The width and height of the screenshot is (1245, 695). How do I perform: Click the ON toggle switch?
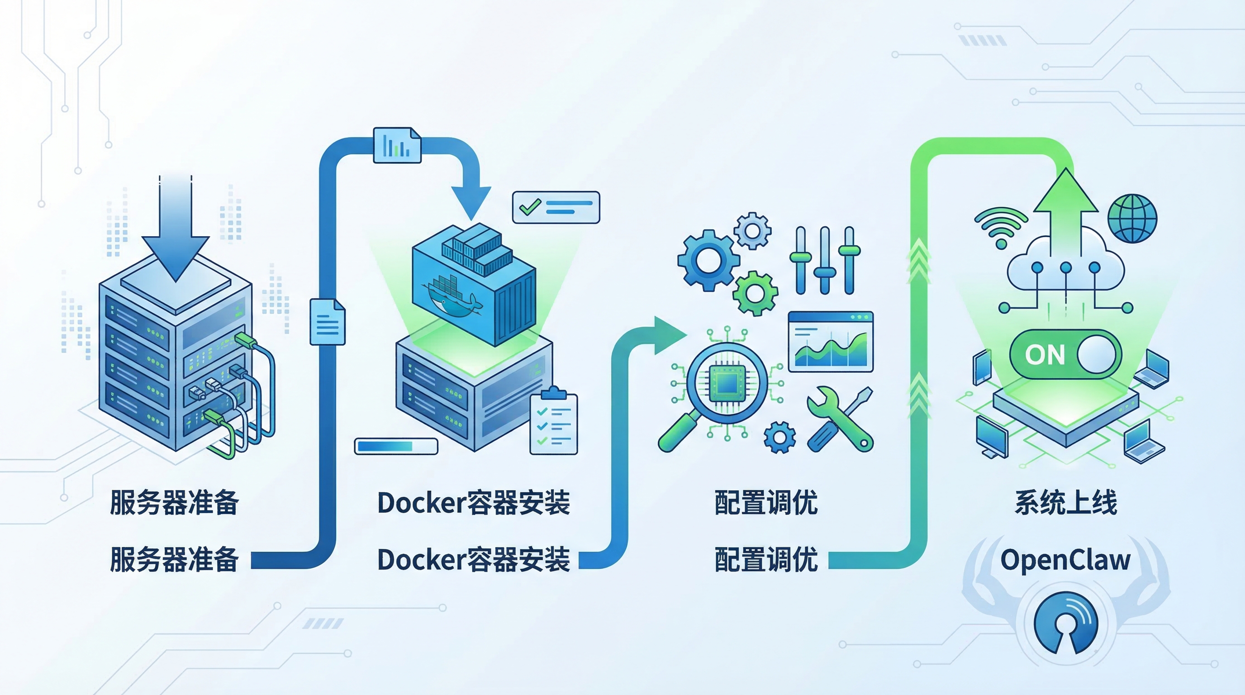point(1065,354)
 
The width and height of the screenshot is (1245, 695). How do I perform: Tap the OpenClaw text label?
point(1065,560)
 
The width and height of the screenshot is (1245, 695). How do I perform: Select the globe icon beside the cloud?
point(1132,219)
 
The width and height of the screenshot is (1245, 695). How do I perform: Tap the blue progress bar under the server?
point(396,446)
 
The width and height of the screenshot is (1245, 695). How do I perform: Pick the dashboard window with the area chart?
point(830,342)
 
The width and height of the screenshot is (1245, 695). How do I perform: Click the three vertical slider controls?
point(825,261)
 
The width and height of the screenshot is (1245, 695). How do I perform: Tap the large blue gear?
point(708,261)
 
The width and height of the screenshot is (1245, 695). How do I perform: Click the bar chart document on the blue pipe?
point(397,145)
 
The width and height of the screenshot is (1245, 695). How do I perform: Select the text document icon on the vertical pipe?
point(327,322)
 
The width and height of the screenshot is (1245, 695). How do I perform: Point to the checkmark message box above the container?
point(556,207)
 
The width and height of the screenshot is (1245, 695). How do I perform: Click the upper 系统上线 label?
point(1066,503)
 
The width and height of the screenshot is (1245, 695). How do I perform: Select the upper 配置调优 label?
point(766,503)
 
